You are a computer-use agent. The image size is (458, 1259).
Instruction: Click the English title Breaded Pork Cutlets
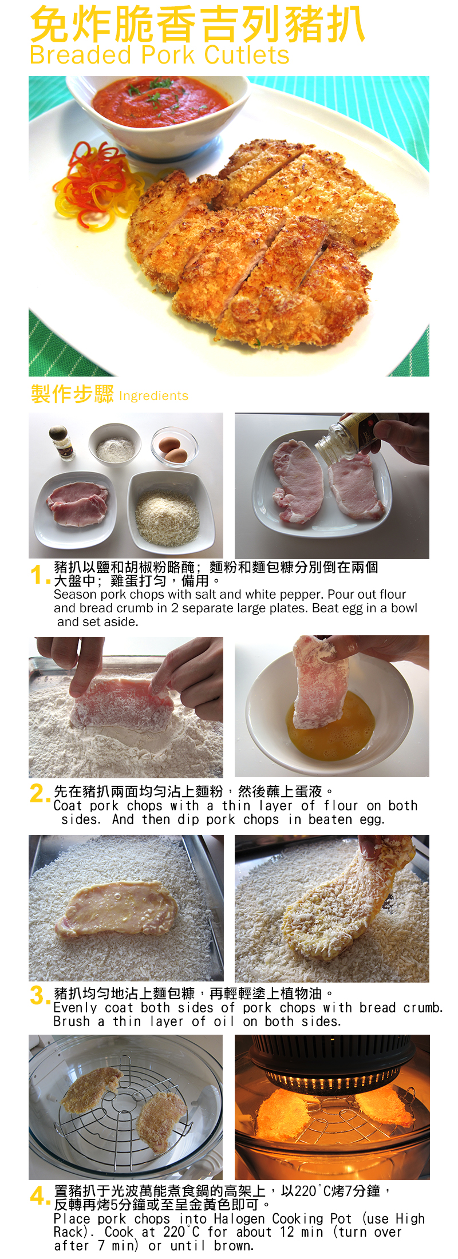pyautogui.click(x=160, y=56)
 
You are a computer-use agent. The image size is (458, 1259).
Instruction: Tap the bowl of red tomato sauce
pyautogui.click(x=159, y=112)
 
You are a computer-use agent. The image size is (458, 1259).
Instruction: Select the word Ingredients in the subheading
pyautogui.click(x=153, y=395)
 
